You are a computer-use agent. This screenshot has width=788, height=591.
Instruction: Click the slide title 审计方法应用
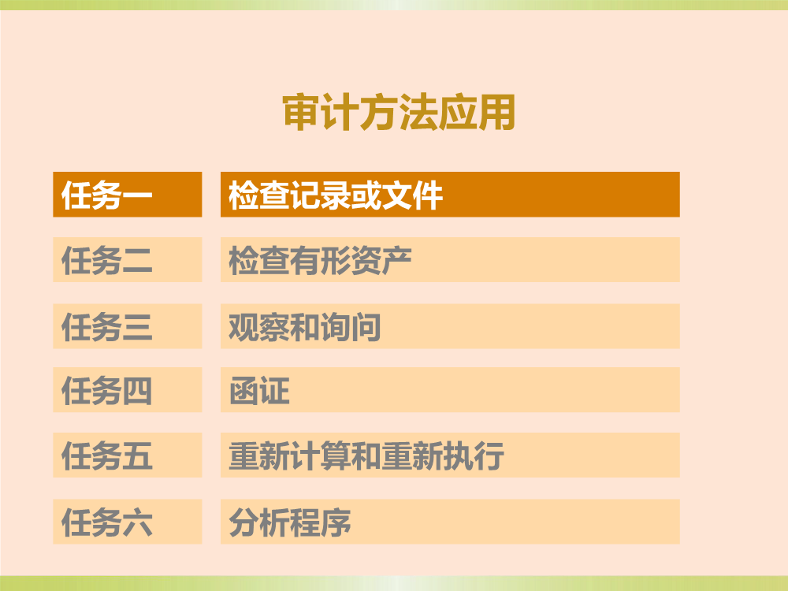tap(399, 112)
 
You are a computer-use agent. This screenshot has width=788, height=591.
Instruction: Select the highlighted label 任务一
tap(106, 195)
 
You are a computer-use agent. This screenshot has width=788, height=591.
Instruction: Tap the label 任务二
tap(106, 260)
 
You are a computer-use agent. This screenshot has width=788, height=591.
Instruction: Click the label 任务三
tap(106, 326)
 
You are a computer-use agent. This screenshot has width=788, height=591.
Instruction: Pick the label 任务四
tap(106, 391)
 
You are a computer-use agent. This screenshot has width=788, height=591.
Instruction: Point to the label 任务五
tap(106, 455)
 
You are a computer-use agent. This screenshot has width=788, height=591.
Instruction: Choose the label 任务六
tap(106, 522)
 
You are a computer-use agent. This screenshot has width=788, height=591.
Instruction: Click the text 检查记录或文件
tap(336, 195)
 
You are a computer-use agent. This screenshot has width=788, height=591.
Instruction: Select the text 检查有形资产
tap(320, 260)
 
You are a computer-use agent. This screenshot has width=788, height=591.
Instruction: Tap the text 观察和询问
tap(304, 326)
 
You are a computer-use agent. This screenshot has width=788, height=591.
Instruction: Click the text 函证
tap(259, 391)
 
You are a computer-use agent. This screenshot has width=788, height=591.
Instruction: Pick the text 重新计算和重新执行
tap(366, 455)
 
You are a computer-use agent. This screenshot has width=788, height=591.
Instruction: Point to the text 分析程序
tap(289, 522)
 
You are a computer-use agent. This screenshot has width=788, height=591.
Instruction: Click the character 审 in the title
tap(302, 112)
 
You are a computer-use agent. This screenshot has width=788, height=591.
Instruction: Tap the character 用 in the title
tap(497, 112)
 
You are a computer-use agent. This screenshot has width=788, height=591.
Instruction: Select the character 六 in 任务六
tap(137, 522)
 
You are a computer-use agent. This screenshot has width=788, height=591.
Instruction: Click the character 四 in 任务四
tap(137, 391)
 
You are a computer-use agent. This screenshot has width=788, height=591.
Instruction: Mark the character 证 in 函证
tap(275, 391)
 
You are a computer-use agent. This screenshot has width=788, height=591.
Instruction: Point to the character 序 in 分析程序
tap(336, 522)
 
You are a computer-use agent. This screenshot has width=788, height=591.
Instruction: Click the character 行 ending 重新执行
tap(489, 455)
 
